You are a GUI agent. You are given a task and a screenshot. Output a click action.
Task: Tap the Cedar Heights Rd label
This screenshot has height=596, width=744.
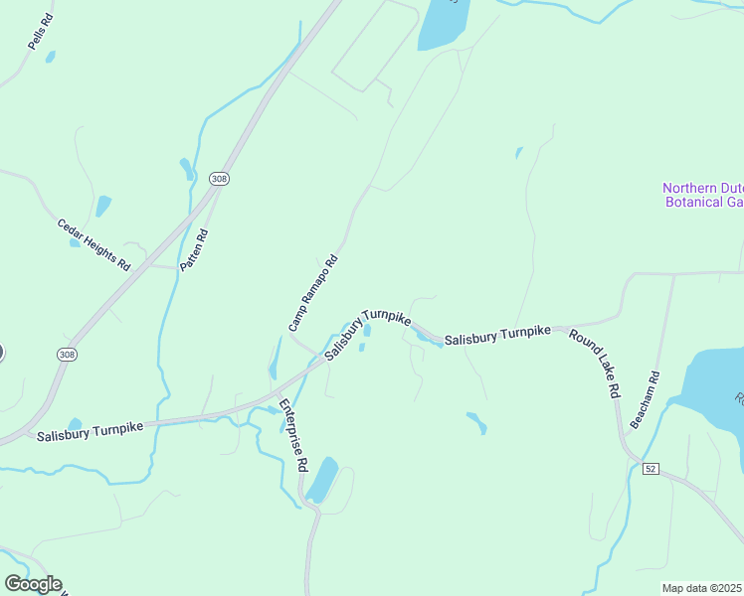[x=93, y=245]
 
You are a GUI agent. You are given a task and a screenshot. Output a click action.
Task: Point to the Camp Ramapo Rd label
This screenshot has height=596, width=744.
[x=314, y=293]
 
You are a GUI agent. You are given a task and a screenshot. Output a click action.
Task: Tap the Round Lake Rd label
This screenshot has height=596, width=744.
[x=595, y=363]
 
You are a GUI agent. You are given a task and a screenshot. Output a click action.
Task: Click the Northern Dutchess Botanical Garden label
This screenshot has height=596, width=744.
[x=703, y=195]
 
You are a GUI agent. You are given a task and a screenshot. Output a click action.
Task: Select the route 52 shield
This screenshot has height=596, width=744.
[x=651, y=468]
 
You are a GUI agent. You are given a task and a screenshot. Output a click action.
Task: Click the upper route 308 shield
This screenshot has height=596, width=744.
[x=220, y=179]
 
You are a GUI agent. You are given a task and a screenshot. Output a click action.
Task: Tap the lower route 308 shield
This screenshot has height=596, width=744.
[x=67, y=354]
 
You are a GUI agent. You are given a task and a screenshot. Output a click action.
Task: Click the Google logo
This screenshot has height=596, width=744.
[x=33, y=584]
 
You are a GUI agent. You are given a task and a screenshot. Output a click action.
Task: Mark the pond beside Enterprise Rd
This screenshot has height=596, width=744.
[x=322, y=480]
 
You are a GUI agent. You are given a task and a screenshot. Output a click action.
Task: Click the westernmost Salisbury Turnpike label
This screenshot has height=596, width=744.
[x=91, y=430]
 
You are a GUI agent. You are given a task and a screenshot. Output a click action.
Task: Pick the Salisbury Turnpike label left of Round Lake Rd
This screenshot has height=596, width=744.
[x=497, y=336]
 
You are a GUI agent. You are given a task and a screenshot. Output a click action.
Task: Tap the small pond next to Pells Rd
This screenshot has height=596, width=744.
[x=50, y=57]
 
